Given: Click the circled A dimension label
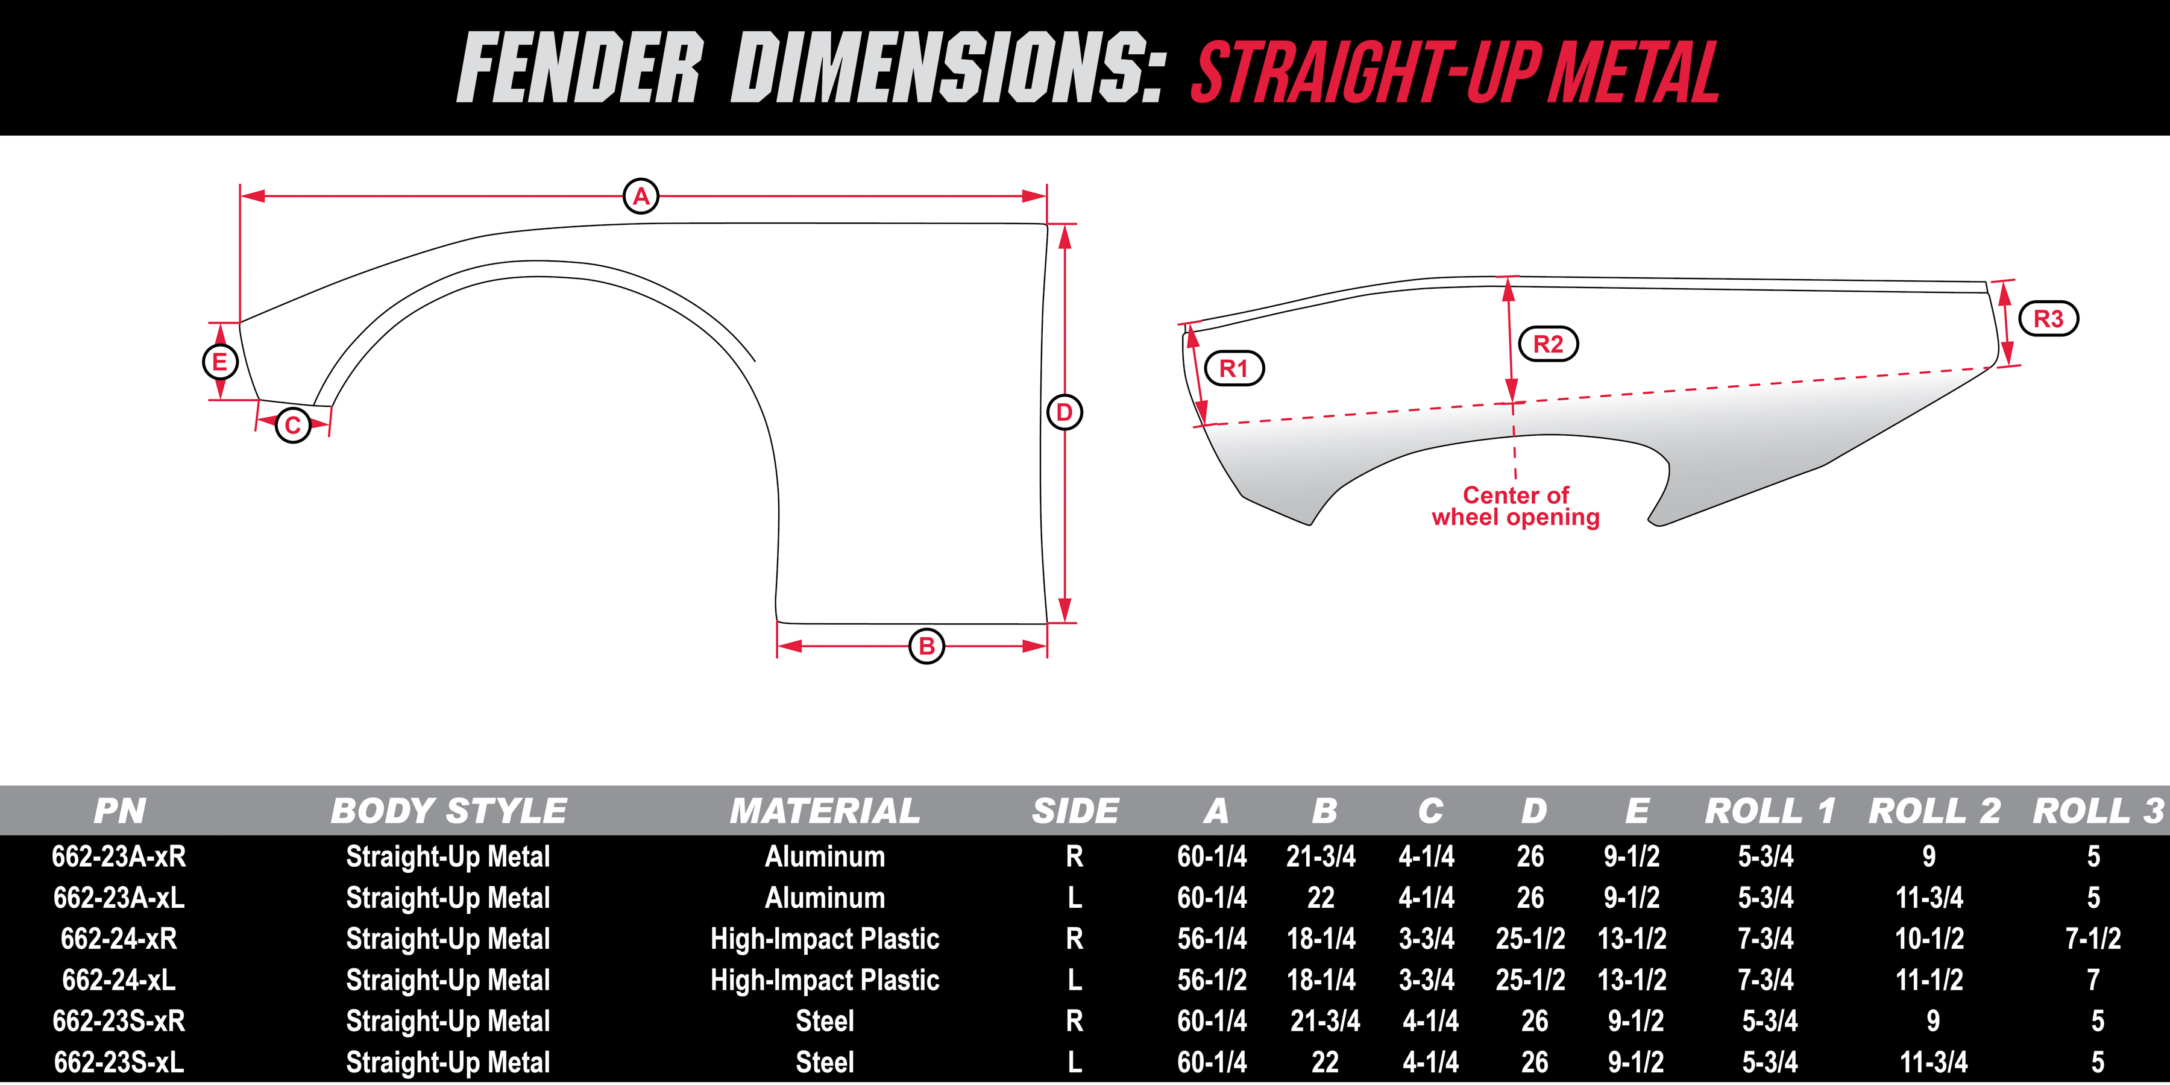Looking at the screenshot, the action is coord(641,197).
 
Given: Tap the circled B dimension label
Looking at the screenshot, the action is coord(926,646).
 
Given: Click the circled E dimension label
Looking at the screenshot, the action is coord(220,362).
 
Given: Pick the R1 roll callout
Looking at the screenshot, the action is coord(1233,368).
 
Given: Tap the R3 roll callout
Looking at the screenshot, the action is coord(2049,318).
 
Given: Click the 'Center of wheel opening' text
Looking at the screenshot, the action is coord(1515,506).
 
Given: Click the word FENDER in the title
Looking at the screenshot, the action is coord(579,68).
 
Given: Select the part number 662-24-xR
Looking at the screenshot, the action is coord(119,939).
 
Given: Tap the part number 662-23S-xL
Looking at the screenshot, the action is coord(119,1062).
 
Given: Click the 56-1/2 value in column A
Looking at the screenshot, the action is coord(1212,980).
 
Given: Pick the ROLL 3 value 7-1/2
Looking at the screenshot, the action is coord(2093,939).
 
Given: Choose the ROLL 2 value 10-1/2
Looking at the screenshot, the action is coord(1929,939).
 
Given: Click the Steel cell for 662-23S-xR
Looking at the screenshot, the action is coord(825,1021).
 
